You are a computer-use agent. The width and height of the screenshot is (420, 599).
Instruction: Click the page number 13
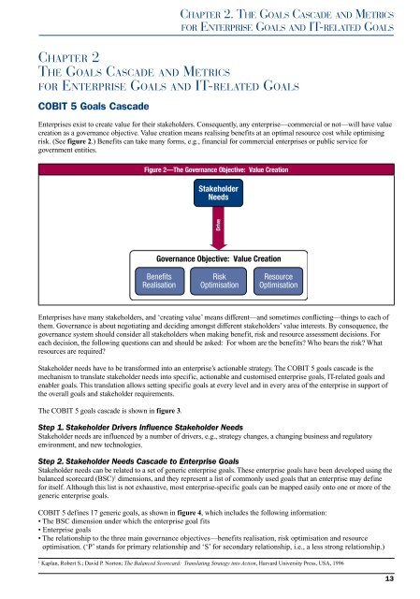401,583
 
